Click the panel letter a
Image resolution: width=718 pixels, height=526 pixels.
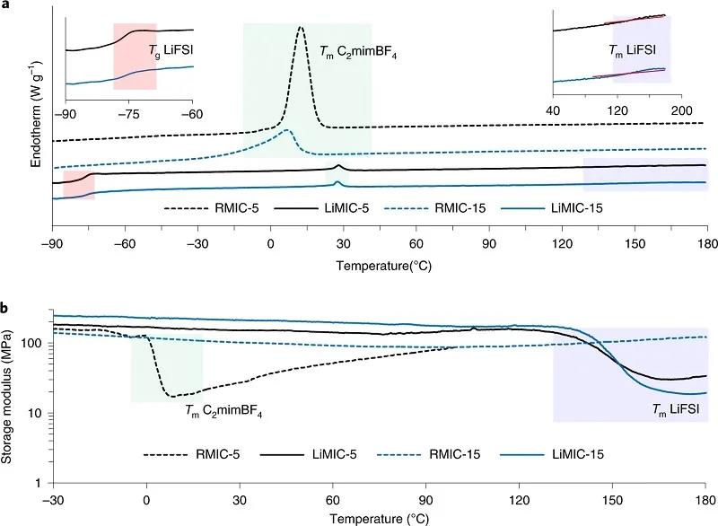pos(6,6)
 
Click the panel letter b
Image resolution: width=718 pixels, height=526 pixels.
pos(6,308)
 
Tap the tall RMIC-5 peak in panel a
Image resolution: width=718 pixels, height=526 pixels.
pos(301,30)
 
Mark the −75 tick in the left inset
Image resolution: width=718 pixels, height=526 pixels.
pos(129,114)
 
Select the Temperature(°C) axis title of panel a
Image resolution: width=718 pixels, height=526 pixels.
pos(381,266)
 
